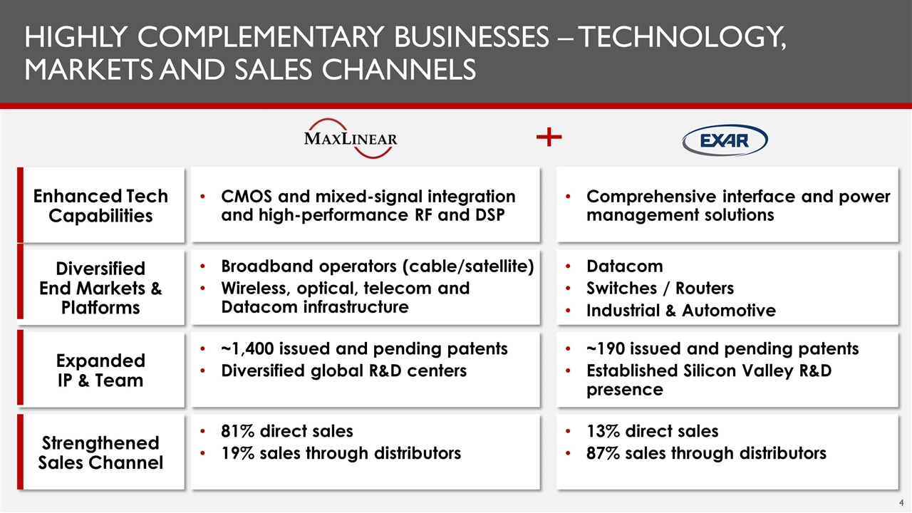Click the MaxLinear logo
pos(350,138)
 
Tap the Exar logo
pos(725,140)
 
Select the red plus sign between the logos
pos(549,137)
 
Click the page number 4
pos(901,503)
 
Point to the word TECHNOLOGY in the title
pos(682,37)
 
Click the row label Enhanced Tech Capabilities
pos(100,206)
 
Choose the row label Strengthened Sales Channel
pos(100,452)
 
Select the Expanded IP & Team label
pos(100,370)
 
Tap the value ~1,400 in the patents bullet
pos(247,349)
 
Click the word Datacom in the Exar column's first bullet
pos(625,266)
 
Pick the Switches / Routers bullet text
pos(660,289)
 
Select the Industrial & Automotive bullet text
pos(681,311)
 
